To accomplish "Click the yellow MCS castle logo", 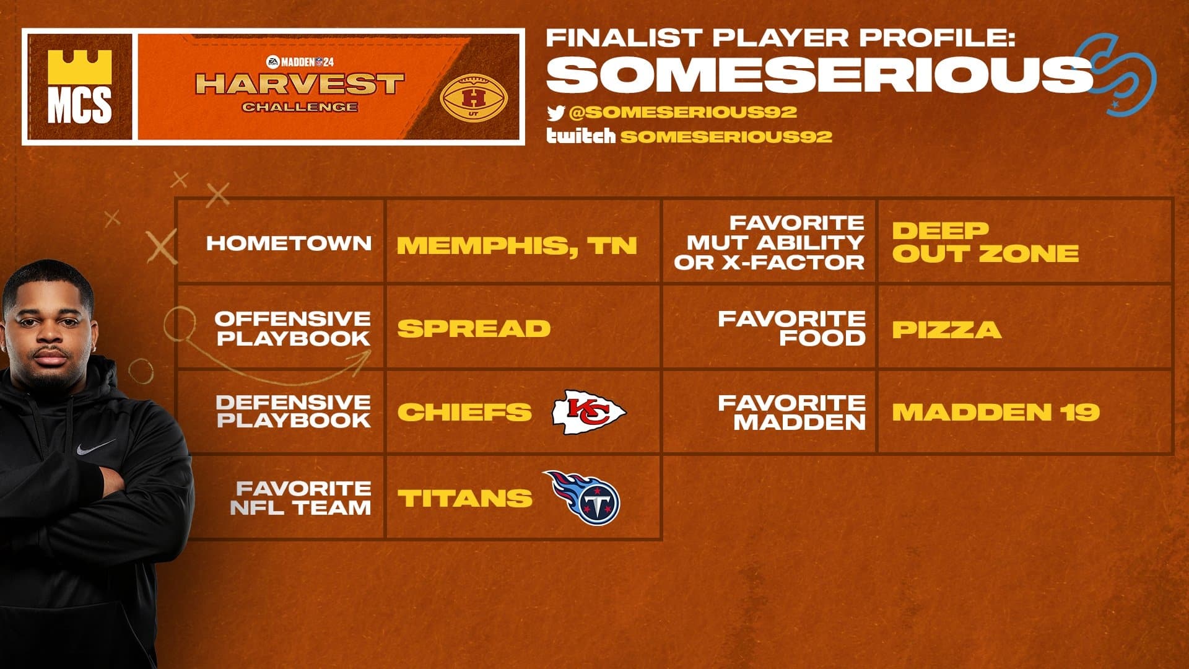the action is (79, 87).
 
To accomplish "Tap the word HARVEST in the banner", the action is (300, 84).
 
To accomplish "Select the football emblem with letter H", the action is (474, 98).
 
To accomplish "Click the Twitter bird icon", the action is (555, 113).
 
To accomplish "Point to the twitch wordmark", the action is (581, 136).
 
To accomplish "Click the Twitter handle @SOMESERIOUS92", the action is (682, 112).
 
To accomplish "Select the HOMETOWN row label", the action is (289, 243).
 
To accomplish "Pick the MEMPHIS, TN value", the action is (517, 246).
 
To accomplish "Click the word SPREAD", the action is (474, 328).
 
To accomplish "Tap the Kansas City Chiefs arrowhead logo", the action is (588, 411).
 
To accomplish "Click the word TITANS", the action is (465, 498).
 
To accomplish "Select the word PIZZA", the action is (947, 330).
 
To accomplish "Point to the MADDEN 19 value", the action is (996, 412).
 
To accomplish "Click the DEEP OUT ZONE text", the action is (985, 242).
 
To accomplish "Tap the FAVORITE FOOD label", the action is (791, 328).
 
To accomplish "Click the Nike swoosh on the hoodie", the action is (96, 447).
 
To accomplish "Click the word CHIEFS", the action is (464, 412).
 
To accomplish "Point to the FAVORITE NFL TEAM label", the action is (300, 498).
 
